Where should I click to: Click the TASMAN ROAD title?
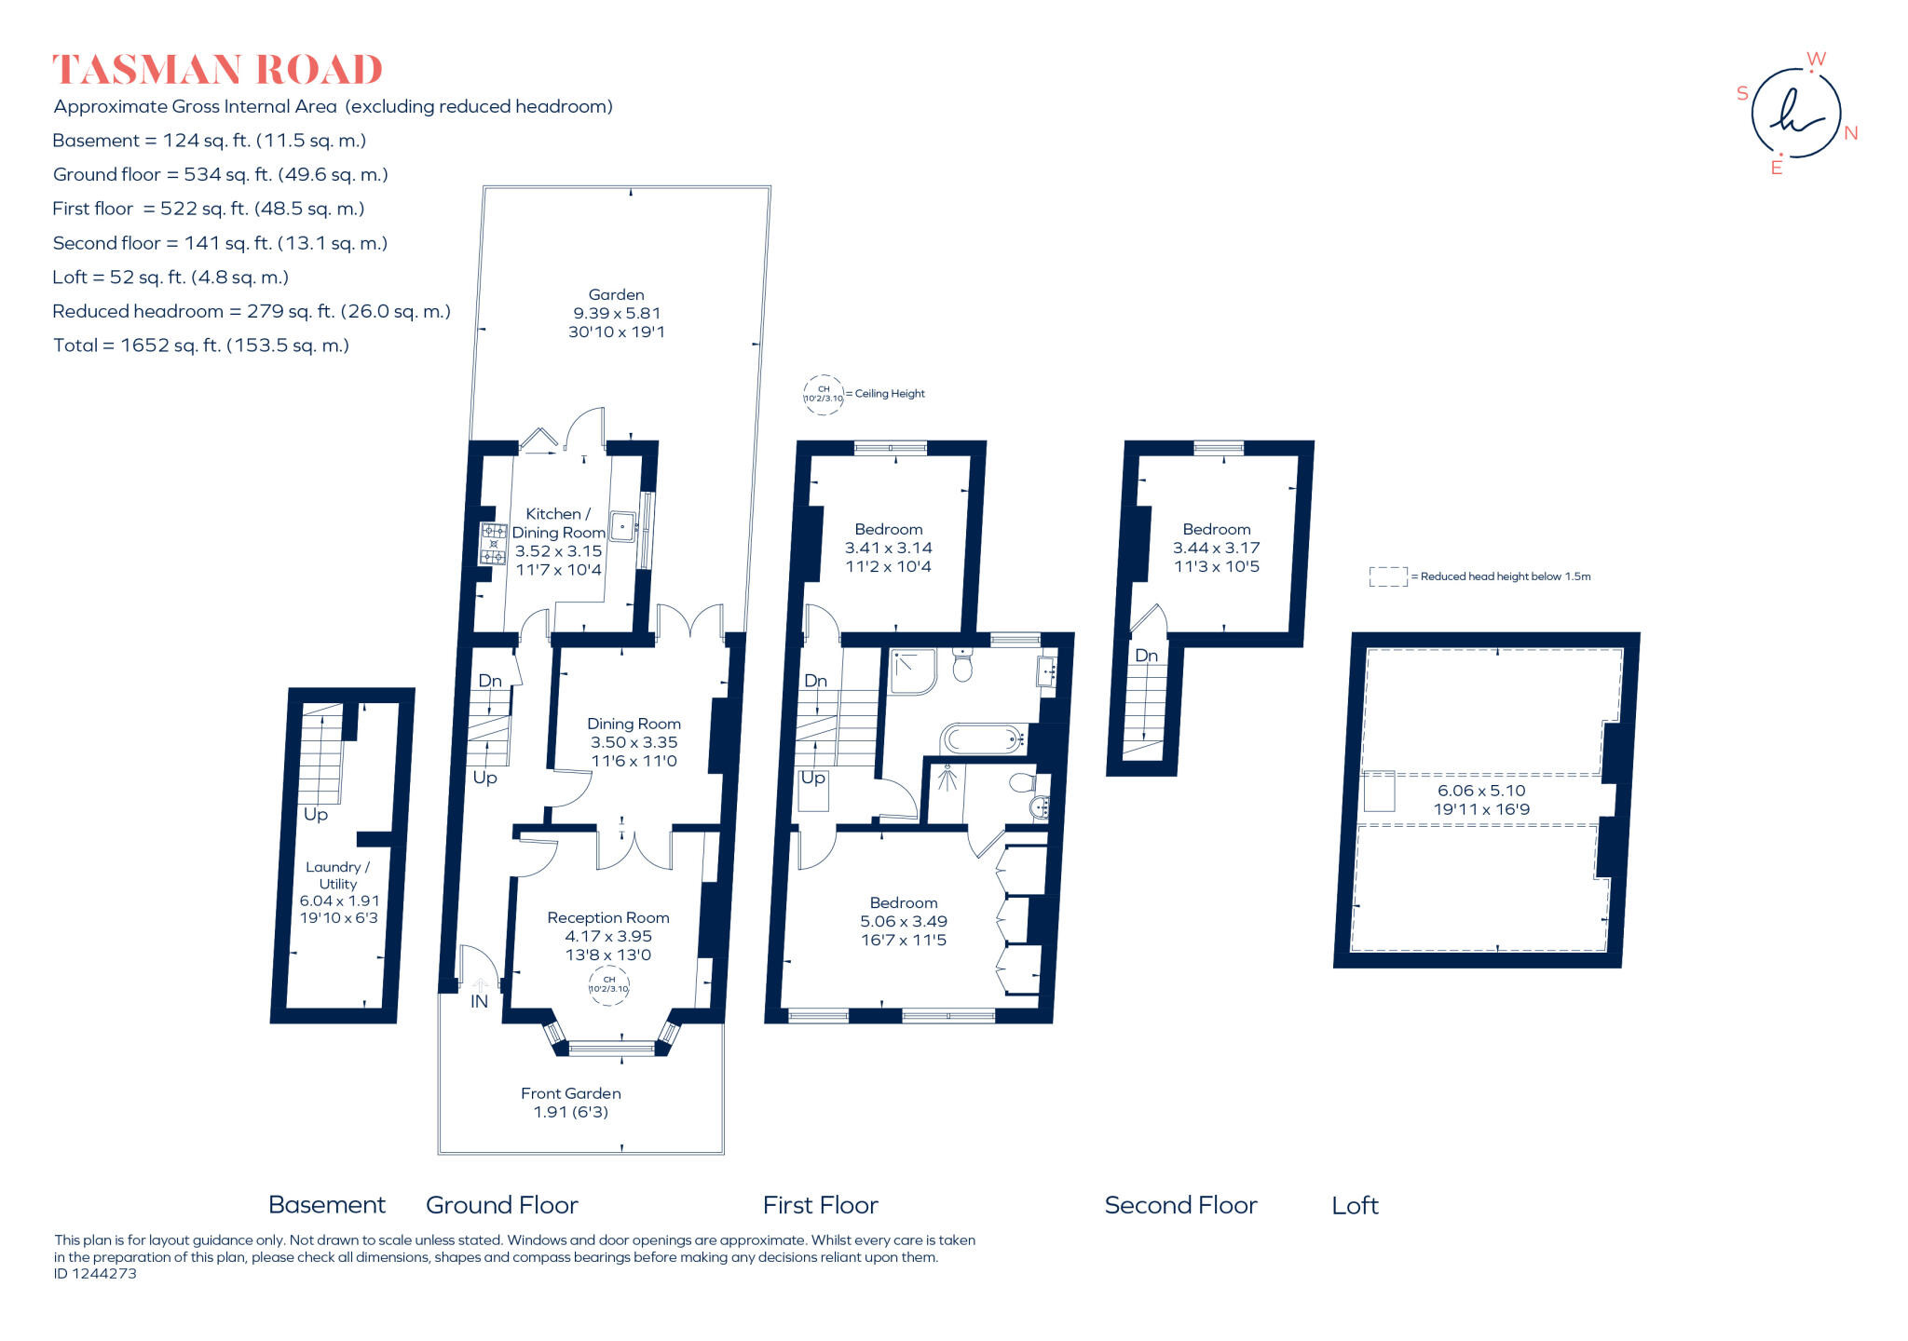(x=217, y=70)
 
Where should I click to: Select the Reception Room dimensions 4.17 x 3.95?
(x=607, y=936)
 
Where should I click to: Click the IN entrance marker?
(x=479, y=1002)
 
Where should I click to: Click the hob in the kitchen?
(x=493, y=544)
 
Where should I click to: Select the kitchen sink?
(x=622, y=526)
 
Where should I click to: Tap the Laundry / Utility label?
(x=337, y=875)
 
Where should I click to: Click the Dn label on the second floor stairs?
(x=1146, y=656)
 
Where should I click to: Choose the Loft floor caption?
(x=1355, y=1205)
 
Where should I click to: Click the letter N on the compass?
(x=1850, y=133)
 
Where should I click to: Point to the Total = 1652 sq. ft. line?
(x=201, y=345)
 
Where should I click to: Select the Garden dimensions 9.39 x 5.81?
(x=616, y=314)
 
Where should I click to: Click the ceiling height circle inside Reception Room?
(x=608, y=984)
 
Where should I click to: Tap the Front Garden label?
(x=570, y=1093)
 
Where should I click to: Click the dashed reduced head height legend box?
(x=1387, y=577)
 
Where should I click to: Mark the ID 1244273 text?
(x=95, y=1274)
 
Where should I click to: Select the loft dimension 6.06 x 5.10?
(x=1481, y=791)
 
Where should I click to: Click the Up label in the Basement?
(x=316, y=814)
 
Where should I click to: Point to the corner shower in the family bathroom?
(x=911, y=671)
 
